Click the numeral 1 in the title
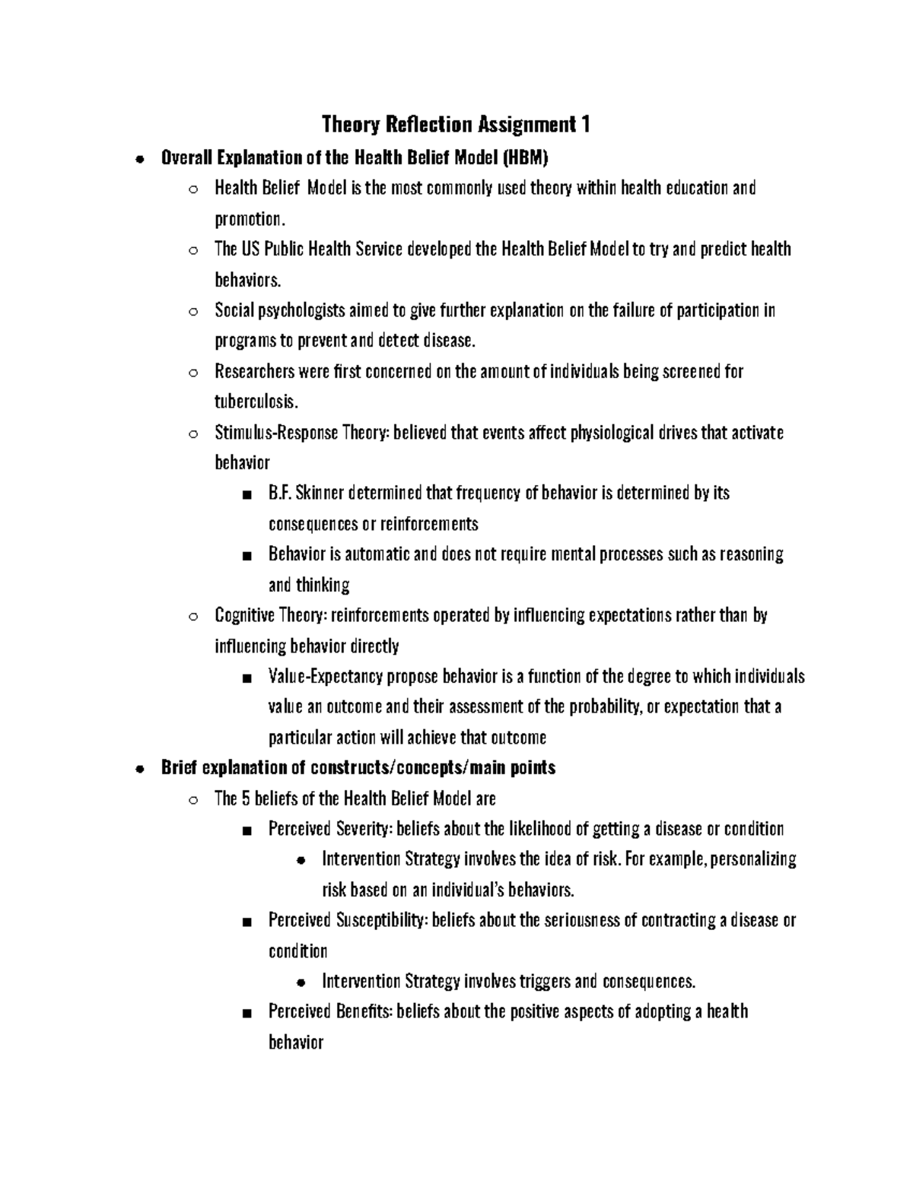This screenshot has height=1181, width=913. coord(585,124)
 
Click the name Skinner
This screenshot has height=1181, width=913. coord(320,494)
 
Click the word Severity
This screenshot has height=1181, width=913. coord(363,829)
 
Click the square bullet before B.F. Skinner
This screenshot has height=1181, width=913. coord(245,495)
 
